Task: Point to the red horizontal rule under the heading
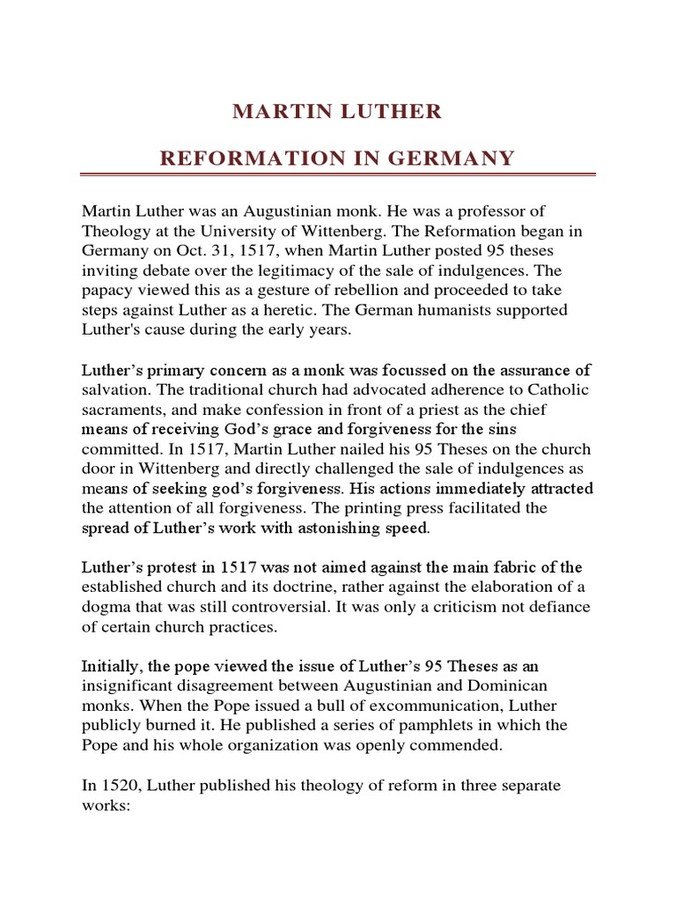coord(338,174)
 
